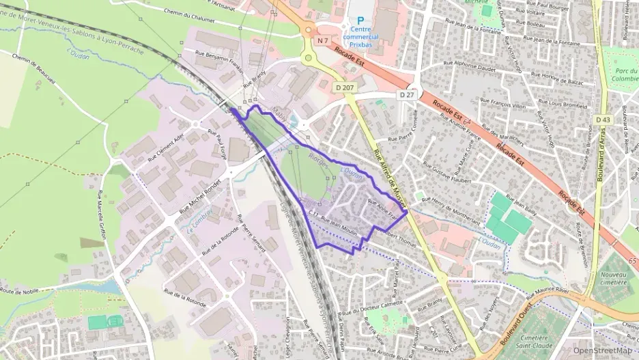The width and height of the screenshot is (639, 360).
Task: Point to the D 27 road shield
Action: click(407, 94)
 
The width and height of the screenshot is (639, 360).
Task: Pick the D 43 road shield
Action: click(602, 120)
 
